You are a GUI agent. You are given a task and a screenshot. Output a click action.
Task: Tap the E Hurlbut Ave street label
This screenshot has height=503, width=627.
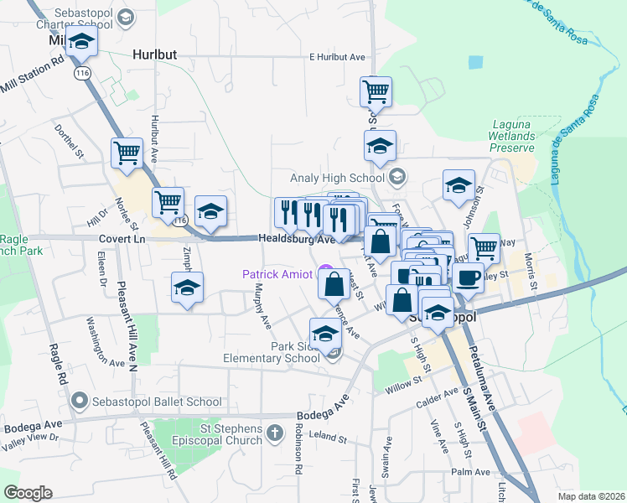pyautogui.click(x=338, y=57)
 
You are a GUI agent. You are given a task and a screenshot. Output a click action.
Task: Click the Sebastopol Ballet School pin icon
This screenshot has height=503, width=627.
pyautogui.click(x=80, y=402)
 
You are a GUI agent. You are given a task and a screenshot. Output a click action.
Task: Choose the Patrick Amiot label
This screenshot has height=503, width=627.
pyautogui.click(x=277, y=274)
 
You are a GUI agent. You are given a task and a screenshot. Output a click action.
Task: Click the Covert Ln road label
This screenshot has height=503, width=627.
pyautogui.click(x=122, y=240)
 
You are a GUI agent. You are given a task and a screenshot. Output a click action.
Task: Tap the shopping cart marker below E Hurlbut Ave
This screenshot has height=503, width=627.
pyautogui.click(x=376, y=91)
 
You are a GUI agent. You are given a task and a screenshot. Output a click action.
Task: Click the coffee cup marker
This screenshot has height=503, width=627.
pyautogui.click(x=468, y=277)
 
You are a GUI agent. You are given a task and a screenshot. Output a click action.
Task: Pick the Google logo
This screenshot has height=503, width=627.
pyautogui.click(x=28, y=493)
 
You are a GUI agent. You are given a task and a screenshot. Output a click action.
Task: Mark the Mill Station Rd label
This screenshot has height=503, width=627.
pyautogui.click(x=34, y=73)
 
